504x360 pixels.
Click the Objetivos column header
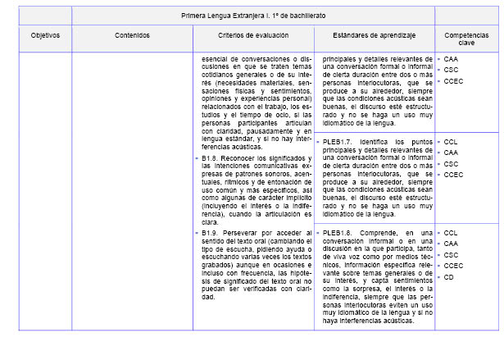click(45, 37)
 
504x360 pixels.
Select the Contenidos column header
click(132, 37)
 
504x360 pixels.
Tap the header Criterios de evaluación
click(252, 37)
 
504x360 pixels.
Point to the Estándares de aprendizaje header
click(374, 37)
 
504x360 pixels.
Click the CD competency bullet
click(449, 277)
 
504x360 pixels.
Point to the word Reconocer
click(247, 158)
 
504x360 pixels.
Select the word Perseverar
click(248, 233)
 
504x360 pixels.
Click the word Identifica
click(378, 144)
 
